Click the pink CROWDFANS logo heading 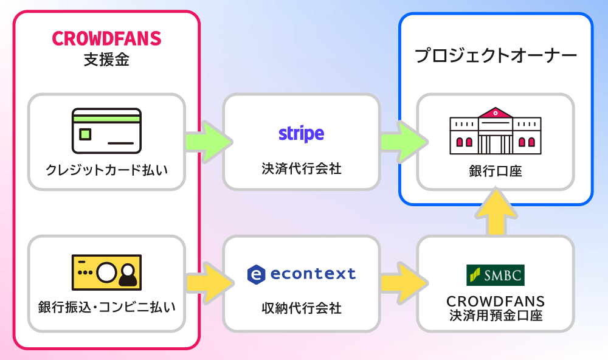(106, 38)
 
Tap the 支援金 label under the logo (106, 60)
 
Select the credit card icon (106, 130)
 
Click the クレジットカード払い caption (106, 169)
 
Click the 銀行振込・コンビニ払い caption (106, 307)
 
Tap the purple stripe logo (302, 133)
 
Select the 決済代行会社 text (302, 168)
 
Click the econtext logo (302, 274)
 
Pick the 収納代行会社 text (302, 308)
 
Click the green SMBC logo (495, 275)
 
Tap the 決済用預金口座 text (495, 316)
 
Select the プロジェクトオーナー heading (495, 57)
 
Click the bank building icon (495, 130)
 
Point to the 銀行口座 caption (495, 172)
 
